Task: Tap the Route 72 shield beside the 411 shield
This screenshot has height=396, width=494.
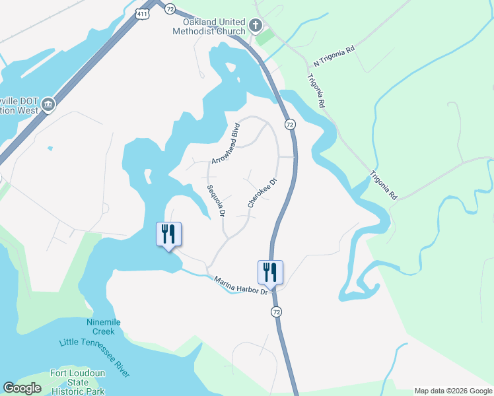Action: [170, 8]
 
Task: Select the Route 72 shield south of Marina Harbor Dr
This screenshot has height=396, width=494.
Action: [276, 311]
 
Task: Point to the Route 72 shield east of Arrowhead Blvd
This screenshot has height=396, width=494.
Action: [289, 124]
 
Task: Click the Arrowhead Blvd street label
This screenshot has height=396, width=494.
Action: [224, 144]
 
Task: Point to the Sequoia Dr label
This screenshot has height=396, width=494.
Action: [216, 201]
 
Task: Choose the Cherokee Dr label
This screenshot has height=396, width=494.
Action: [262, 192]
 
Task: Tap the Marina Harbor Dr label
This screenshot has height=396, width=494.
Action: [241, 285]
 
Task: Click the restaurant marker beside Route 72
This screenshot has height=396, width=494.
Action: [270, 271]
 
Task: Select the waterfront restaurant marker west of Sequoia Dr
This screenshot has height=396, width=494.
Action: [168, 234]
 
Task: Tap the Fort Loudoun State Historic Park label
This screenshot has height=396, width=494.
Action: [78, 382]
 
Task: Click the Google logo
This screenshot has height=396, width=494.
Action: [22, 388]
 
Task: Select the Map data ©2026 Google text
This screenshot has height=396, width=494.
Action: [453, 391]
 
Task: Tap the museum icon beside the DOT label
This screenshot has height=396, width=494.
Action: [48, 104]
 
